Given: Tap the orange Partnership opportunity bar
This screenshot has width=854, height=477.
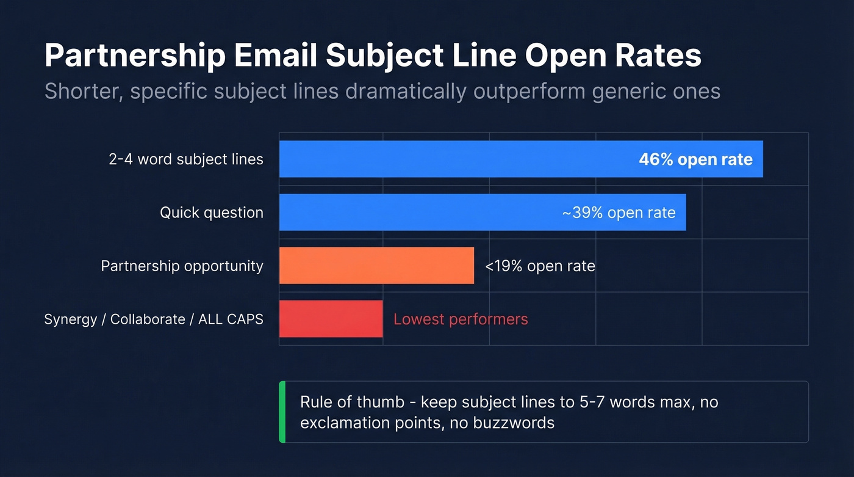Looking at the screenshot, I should coord(376,266).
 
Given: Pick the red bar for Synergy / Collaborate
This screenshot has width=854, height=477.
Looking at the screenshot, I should coord(331,319).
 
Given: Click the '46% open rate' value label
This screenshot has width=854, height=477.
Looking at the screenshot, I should coord(695,159).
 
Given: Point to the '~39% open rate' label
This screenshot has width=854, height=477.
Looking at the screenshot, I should coord(619,213).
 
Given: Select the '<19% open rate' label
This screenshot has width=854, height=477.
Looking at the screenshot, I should coord(540,266).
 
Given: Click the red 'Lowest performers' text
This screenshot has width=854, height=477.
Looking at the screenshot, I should coord(461,319).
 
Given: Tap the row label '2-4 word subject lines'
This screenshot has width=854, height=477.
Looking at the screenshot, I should coord(186,159).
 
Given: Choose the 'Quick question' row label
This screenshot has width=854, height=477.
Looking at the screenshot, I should coord(212,213).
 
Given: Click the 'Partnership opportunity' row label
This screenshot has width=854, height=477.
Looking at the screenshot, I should coord(182,266).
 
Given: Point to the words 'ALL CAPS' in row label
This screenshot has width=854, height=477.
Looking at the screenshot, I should coord(231,319).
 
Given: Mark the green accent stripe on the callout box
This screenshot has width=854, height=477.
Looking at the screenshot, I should coord(282,412).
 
